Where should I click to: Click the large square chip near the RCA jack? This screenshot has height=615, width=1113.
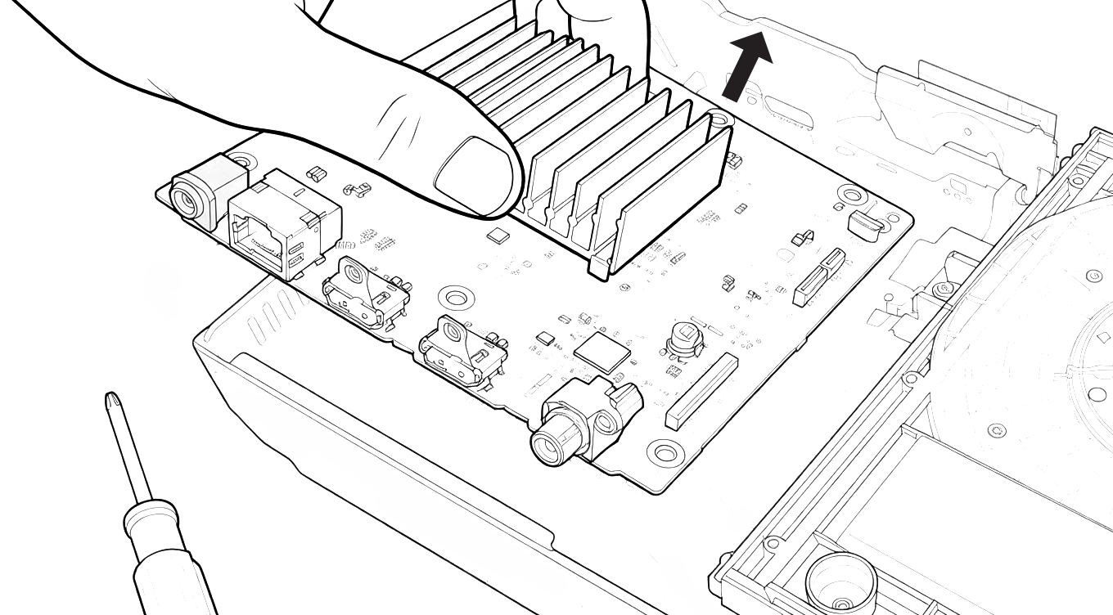(x=602, y=351)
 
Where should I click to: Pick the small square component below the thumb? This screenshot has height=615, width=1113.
(x=497, y=236)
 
